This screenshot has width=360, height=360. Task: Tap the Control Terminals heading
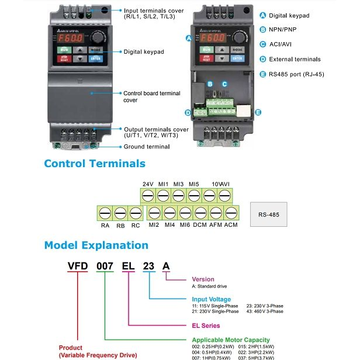[95, 164]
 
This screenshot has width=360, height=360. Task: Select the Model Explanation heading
[96, 245]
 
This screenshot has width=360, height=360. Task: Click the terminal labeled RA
[105, 212]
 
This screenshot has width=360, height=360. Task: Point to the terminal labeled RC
[134, 212]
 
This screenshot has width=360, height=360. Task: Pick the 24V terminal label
[148, 185]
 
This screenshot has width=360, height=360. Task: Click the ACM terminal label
[231, 225]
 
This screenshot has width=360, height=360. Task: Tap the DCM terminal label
[200, 225]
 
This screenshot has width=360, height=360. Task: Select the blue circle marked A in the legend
[262, 16]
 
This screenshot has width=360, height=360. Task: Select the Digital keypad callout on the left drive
[144, 52]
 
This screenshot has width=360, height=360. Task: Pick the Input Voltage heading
[212, 299]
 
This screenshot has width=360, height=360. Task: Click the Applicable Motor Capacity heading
[231, 340]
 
